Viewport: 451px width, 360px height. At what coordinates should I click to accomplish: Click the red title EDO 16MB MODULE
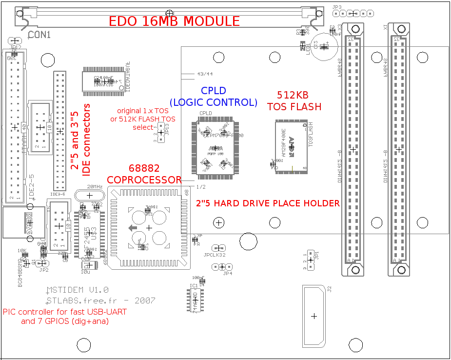pyautogui.click(x=174, y=21)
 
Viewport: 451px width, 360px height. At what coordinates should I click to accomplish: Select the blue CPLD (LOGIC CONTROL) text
pyautogui.click(x=213, y=97)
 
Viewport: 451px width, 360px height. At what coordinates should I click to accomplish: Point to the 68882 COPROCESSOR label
pyautogui.click(x=144, y=174)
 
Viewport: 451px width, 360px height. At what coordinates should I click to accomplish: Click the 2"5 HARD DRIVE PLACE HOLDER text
pyautogui.click(x=268, y=203)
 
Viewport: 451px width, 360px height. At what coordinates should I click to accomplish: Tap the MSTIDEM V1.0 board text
pyautogui.click(x=78, y=290)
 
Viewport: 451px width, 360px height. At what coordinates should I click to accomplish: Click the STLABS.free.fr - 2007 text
pyautogui.click(x=101, y=300)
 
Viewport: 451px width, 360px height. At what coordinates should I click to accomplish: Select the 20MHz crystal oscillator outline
pyautogui.click(x=89, y=195)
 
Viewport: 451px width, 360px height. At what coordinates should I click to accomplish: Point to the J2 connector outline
pyautogui.click(x=314, y=316)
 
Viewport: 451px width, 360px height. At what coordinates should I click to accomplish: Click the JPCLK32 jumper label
pyautogui.click(x=215, y=255)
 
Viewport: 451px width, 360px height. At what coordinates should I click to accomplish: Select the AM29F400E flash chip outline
pyautogui.click(x=292, y=146)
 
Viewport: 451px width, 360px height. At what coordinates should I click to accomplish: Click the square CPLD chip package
pyautogui.click(x=215, y=147)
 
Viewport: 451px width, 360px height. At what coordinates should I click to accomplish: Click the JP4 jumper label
pyautogui.click(x=227, y=274)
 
